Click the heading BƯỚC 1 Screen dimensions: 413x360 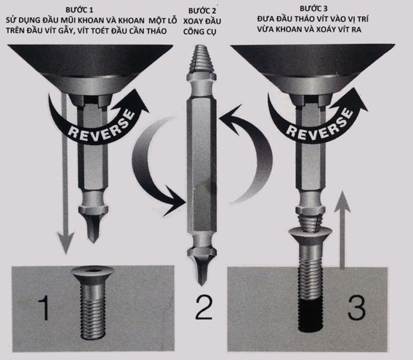79,10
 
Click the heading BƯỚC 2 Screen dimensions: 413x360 202,11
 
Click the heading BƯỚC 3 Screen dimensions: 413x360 314,8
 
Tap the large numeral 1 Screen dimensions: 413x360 44,308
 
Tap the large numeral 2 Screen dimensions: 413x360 204,308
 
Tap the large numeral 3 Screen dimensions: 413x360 357,308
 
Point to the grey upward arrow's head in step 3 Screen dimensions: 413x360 342,201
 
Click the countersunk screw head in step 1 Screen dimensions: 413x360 93,275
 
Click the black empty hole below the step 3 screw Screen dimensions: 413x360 311,314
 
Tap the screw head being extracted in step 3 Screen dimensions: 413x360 310,236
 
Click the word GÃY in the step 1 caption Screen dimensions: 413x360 60,31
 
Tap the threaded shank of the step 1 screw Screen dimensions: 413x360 93,311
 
